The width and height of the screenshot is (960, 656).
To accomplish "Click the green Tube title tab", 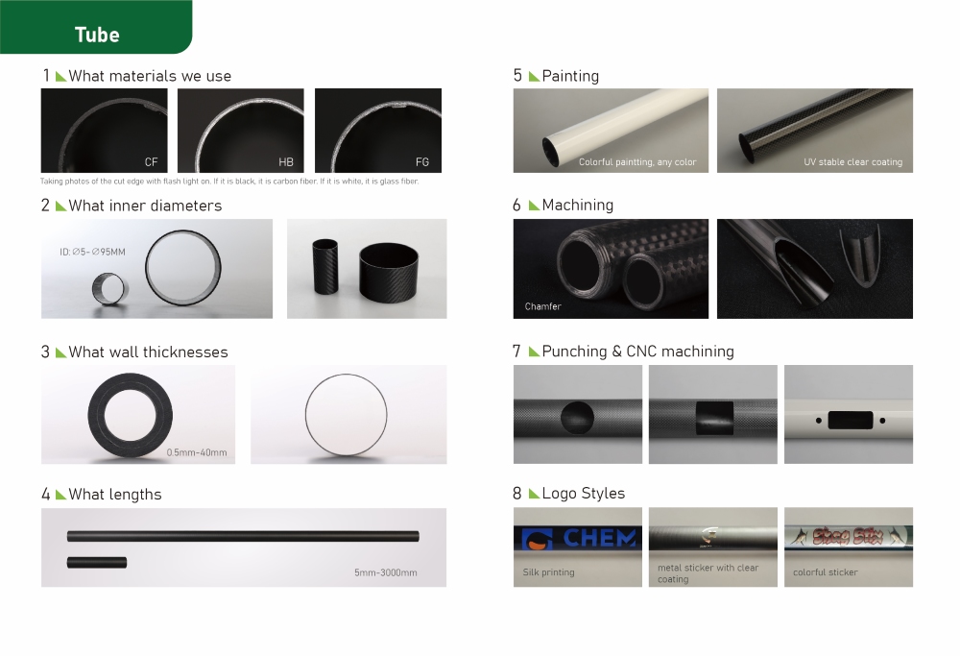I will click(x=96, y=35).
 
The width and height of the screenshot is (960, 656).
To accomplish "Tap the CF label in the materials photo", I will click(x=151, y=161).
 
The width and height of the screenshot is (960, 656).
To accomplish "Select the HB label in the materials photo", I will click(x=286, y=161).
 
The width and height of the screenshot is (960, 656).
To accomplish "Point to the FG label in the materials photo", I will click(x=422, y=161).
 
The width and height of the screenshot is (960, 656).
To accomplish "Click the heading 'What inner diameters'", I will click(x=145, y=206).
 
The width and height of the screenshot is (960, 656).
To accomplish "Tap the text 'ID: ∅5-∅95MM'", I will click(x=92, y=252).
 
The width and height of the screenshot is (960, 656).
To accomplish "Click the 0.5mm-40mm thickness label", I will click(x=197, y=452).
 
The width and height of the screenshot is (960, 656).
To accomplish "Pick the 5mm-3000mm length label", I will click(x=385, y=573).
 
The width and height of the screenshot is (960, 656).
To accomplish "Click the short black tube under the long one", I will click(x=97, y=561).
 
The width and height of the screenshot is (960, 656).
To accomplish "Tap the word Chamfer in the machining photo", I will click(x=543, y=306).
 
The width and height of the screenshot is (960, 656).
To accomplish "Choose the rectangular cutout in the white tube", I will click(x=848, y=420).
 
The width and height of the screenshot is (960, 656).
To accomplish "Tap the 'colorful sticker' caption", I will click(x=826, y=572).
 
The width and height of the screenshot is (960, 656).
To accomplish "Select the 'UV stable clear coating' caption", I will click(x=852, y=162).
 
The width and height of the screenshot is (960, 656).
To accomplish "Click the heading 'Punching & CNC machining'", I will click(x=637, y=352).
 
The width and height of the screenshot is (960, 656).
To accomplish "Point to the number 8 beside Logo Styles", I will click(x=517, y=494).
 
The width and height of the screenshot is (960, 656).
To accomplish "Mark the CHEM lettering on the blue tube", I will click(x=599, y=538).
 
